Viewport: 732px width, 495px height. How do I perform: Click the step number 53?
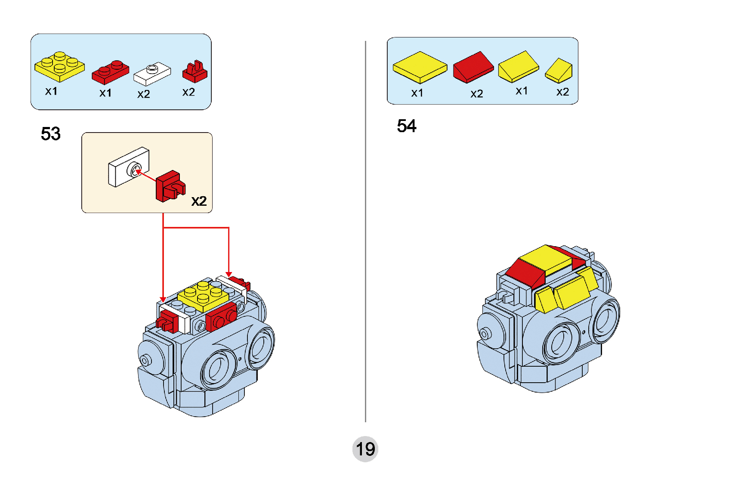[51, 134]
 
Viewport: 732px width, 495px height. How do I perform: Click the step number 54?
[407, 126]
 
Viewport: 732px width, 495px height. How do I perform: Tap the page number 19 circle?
[365, 449]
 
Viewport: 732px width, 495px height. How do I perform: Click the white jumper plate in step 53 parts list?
[152, 74]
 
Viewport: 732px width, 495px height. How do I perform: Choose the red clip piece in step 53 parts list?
[195, 72]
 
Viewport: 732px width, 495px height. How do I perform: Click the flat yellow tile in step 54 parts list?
[420, 67]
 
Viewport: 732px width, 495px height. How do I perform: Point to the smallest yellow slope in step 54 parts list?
[559, 71]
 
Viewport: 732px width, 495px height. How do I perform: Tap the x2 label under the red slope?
[476, 94]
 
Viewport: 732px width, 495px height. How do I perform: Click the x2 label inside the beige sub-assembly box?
[199, 201]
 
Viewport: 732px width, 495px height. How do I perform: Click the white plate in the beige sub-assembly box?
[129, 167]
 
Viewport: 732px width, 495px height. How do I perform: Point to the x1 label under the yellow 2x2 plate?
[51, 91]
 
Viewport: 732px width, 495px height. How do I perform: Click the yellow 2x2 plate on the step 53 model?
[203, 296]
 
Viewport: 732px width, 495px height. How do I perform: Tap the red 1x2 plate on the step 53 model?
[221, 316]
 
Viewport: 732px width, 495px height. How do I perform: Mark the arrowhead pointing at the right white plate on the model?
[229, 274]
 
